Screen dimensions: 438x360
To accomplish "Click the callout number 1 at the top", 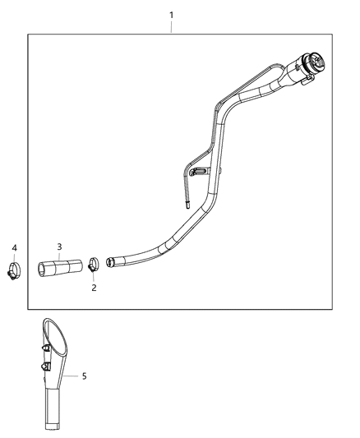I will [171, 15].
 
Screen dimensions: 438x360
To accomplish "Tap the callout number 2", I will [94, 288].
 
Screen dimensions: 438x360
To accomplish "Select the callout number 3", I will [59, 246].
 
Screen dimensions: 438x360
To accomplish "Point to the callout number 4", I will [14, 247].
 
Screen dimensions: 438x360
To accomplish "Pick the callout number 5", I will [84, 376].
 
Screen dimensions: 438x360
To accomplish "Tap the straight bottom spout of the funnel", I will [51, 415].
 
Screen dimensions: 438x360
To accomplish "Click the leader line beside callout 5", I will [72, 376].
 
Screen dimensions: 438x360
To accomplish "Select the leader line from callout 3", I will [59, 255].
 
